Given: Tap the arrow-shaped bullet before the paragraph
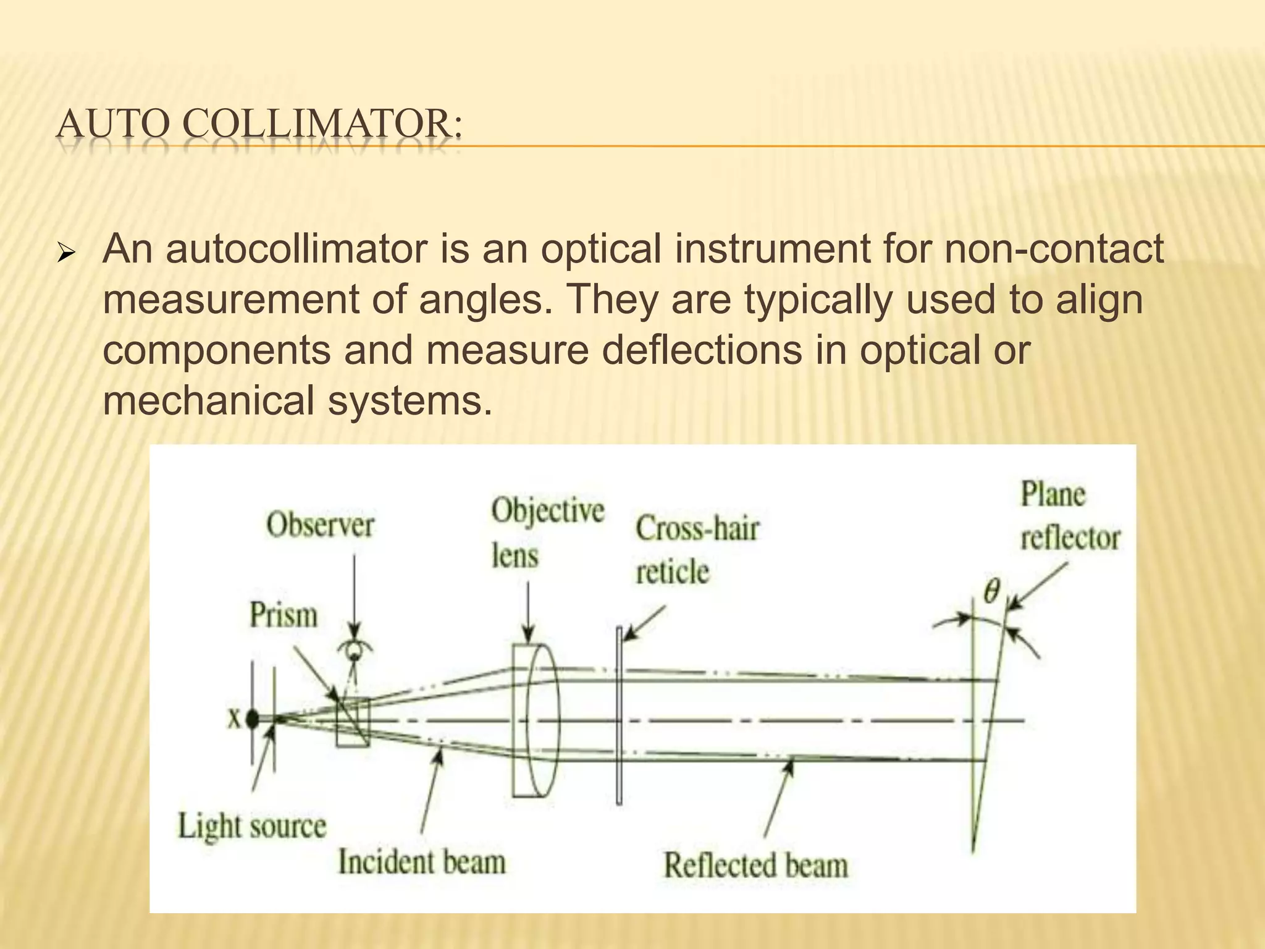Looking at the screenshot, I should click(x=65, y=253).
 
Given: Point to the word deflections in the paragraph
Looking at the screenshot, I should click(x=702, y=350).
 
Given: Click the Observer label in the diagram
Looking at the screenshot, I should click(x=320, y=526).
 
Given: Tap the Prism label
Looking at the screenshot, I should click(x=283, y=615).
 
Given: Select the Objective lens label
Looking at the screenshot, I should click(x=546, y=533).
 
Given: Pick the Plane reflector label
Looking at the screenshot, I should click(x=1069, y=517).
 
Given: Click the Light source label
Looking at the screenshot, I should click(x=251, y=826).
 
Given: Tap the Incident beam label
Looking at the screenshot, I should click(x=422, y=862).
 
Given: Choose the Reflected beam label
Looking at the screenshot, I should click(x=755, y=864).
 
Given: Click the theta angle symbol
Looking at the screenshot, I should click(x=991, y=591).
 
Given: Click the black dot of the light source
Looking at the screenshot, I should click(x=252, y=719).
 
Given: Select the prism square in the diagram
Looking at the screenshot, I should click(x=353, y=722).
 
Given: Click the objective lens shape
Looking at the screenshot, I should click(x=535, y=720).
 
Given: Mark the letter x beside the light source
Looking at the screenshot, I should click(x=234, y=719).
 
